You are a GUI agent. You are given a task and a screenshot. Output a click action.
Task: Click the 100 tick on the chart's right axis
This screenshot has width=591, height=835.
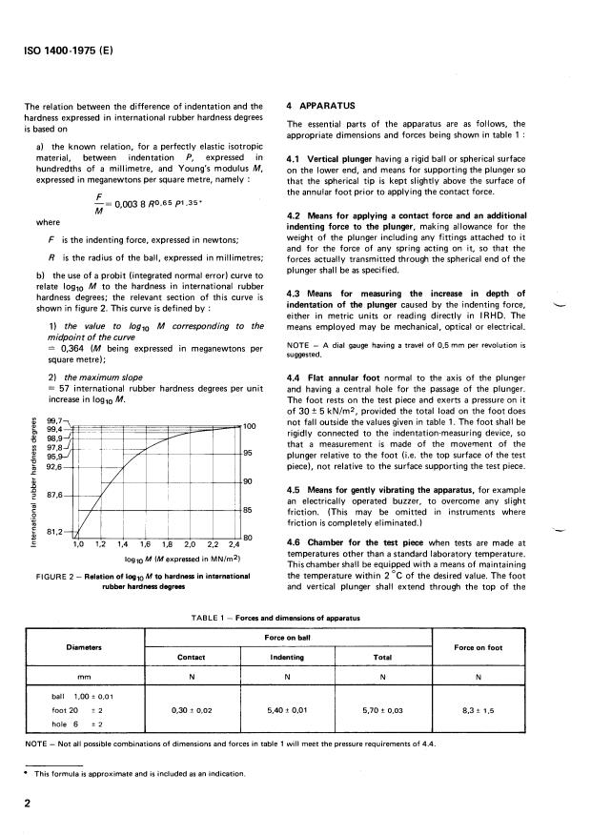click(x=251, y=426)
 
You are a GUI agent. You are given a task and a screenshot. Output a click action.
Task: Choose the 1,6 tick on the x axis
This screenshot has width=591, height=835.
click(x=145, y=544)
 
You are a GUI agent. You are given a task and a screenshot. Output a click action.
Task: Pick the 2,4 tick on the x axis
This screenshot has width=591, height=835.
click(x=234, y=544)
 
